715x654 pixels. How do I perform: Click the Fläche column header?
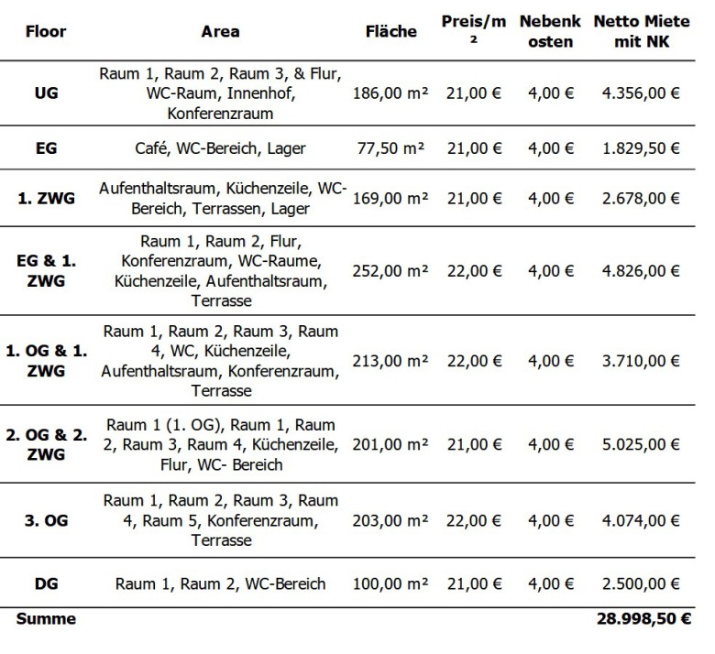coord(390,31)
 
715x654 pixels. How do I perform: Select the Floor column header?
coord(47,30)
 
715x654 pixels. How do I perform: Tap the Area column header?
coord(220,31)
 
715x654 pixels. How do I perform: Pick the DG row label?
coord(47,584)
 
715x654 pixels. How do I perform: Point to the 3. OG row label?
coord(47,520)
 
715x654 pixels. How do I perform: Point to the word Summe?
coord(46,619)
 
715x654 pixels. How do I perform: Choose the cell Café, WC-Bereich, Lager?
coord(220,148)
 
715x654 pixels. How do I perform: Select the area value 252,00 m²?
coord(390,271)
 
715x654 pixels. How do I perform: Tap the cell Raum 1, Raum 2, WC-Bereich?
coord(220,584)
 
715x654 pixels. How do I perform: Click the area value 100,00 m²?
coord(390,584)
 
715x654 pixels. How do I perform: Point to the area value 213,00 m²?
coord(390,359)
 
